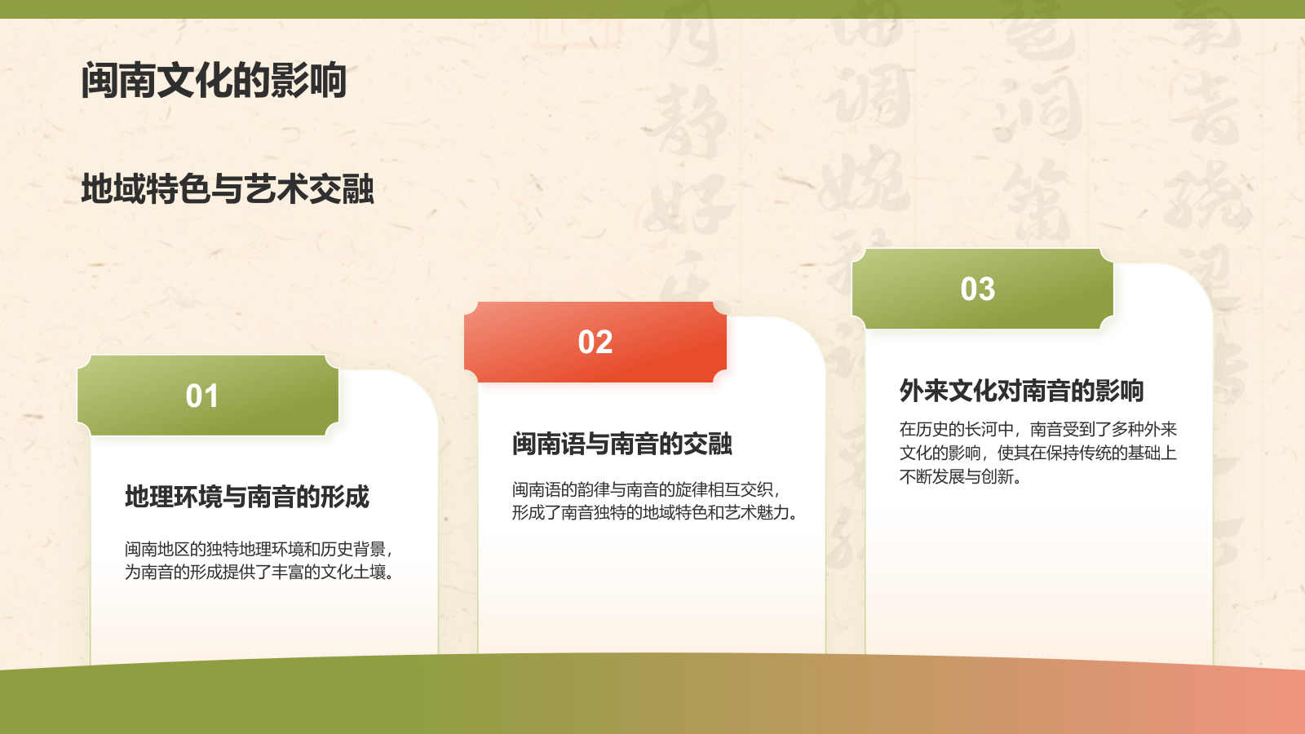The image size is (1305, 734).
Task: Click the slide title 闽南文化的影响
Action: [214, 81]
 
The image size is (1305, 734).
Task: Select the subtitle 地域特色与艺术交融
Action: [228, 189]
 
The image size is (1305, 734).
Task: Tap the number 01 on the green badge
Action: [202, 396]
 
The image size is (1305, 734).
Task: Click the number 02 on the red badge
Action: [595, 343]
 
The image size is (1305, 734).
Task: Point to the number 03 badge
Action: [978, 290]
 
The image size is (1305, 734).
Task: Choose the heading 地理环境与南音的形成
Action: [247, 497]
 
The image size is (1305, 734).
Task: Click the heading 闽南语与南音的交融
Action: [622, 444]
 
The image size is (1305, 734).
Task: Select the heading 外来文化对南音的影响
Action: [1021, 391]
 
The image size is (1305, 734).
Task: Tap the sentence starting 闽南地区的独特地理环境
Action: [259, 549]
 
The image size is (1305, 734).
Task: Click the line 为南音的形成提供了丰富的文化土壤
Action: [260, 573]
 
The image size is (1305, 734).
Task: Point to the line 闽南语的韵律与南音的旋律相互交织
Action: [646, 489]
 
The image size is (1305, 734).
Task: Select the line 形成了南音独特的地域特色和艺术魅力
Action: [655, 512]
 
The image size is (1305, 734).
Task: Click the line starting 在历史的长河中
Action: [1037, 429]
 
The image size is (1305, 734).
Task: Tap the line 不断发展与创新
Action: [961, 476]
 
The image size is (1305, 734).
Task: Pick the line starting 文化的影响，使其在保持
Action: [1037, 453]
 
